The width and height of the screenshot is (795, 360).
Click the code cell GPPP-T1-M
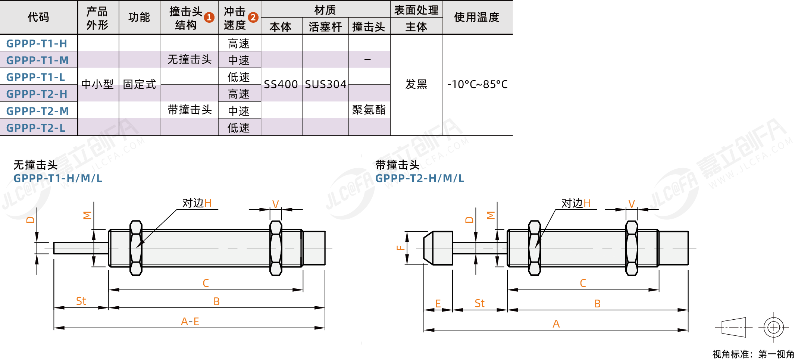point(37,60)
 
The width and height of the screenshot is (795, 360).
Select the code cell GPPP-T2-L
point(36,128)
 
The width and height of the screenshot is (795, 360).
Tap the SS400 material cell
point(281,84)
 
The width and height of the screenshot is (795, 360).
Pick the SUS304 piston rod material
point(325,84)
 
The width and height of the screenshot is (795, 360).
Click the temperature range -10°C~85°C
point(478,84)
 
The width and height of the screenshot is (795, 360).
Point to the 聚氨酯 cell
point(369,110)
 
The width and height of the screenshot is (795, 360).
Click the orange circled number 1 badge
point(209,17)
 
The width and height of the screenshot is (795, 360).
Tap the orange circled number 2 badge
point(253,17)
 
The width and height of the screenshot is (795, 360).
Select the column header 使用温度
point(476,17)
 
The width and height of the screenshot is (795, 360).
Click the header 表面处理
point(416,10)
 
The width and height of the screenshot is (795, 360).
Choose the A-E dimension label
point(190,321)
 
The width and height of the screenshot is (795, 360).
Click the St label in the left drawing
point(81,301)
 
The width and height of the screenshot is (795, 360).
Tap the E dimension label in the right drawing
point(438,303)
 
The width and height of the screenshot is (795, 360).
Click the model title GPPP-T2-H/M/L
point(420,178)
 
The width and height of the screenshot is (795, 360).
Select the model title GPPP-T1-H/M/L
point(58,178)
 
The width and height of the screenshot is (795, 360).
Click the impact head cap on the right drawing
point(438,248)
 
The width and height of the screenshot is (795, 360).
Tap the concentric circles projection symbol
point(774,328)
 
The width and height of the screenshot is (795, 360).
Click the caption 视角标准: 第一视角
point(753,354)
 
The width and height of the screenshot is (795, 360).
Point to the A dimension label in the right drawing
point(556,323)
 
